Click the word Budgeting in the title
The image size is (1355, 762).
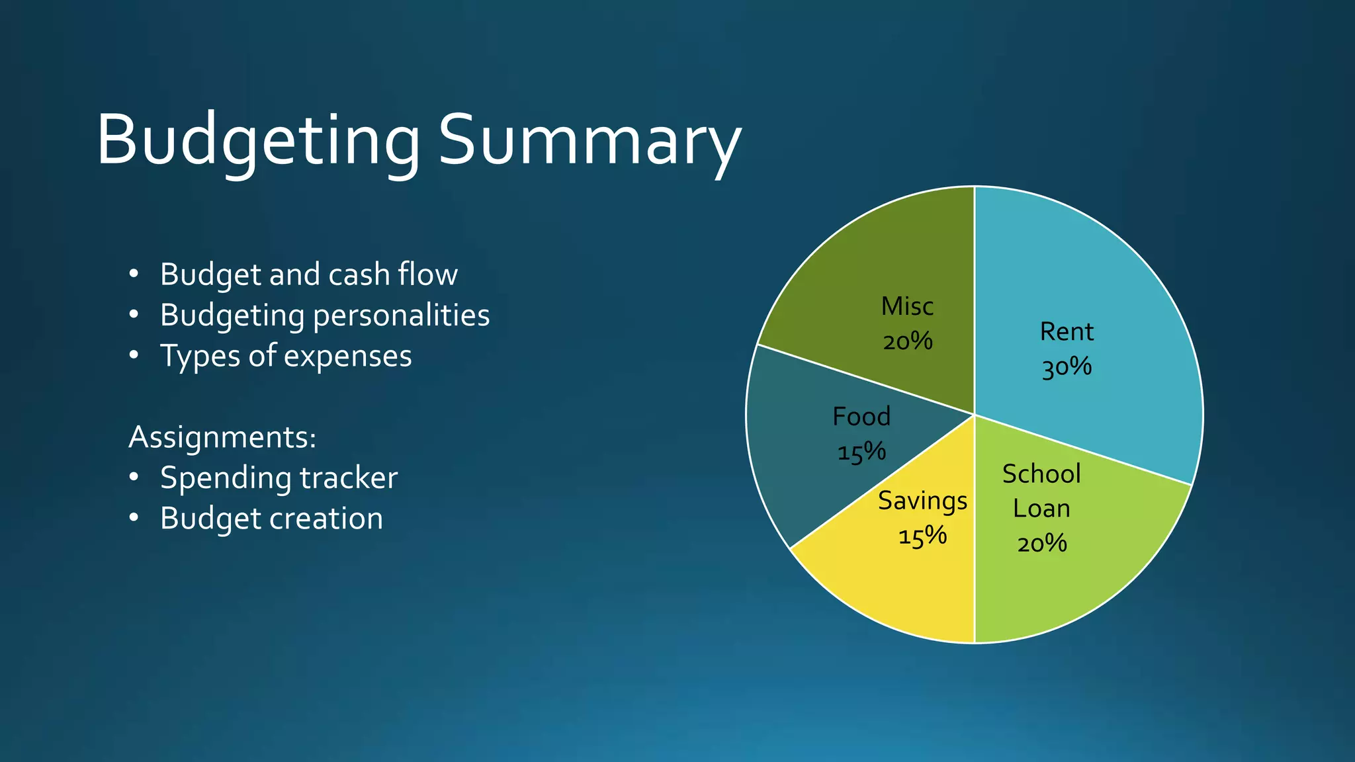pyautogui.click(x=258, y=141)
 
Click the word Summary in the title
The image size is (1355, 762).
pyautogui.click(x=589, y=141)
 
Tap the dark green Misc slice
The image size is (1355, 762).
pyautogui.click(x=860, y=278)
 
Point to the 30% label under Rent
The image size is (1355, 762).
pyautogui.click(x=1066, y=367)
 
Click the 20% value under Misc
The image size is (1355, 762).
pyautogui.click(x=907, y=342)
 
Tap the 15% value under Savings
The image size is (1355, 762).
pyautogui.click(x=922, y=536)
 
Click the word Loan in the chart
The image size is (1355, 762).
pyautogui.click(x=1041, y=509)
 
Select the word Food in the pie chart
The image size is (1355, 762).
pyautogui.click(x=861, y=417)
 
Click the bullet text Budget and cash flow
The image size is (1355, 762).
pyautogui.click(x=308, y=275)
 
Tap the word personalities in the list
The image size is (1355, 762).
pyautogui.click(x=401, y=316)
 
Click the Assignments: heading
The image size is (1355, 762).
pyautogui.click(x=222, y=437)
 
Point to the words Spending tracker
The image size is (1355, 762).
pyautogui.click(x=279, y=478)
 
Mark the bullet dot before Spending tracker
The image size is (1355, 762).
pyautogui.click(x=134, y=478)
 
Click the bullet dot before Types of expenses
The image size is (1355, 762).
pyautogui.click(x=134, y=356)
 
